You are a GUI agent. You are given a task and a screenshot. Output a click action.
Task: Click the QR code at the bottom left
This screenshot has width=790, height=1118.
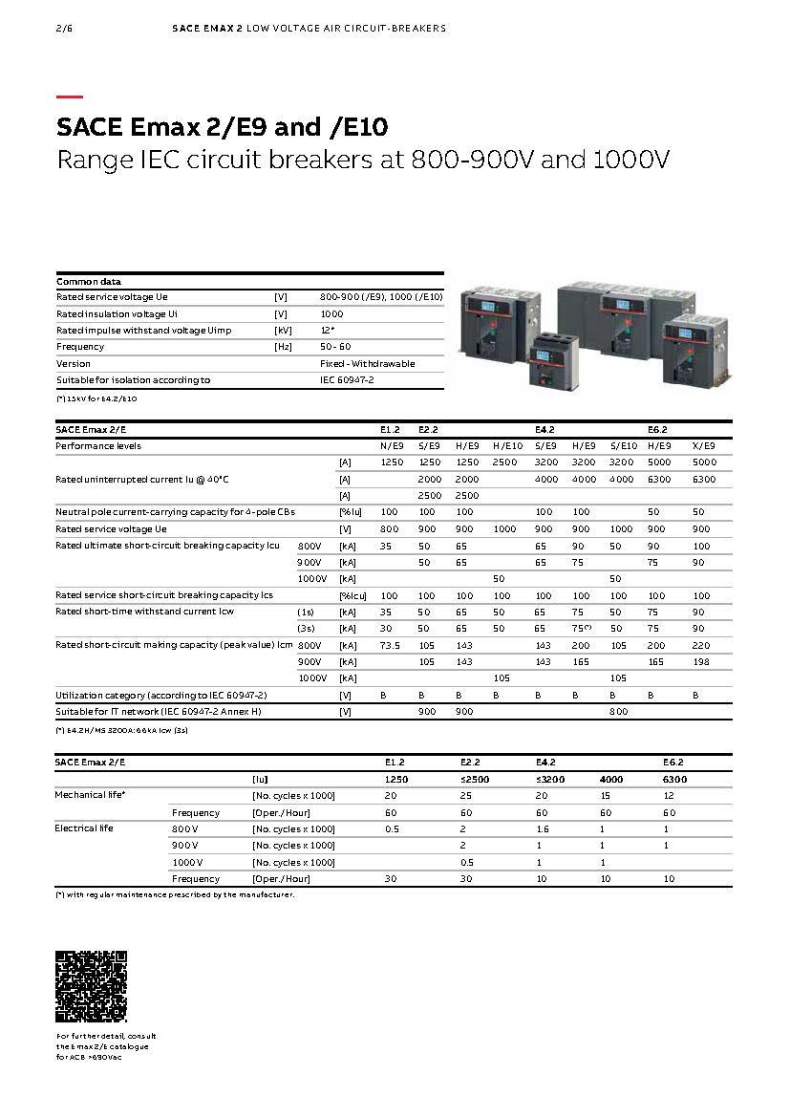pyautogui.click(x=91, y=986)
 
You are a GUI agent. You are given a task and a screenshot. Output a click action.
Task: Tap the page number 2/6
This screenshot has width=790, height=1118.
pyautogui.click(x=64, y=29)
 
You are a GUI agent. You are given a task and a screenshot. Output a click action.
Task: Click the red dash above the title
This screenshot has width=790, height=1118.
pyautogui.click(x=70, y=97)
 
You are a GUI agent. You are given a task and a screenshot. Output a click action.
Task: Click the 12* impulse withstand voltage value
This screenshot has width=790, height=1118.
pyautogui.click(x=327, y=330)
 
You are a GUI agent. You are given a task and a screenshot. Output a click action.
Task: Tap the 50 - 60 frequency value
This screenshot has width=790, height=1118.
pyautogui.click(x=335, y=347)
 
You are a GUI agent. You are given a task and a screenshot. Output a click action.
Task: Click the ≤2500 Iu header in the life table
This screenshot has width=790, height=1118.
pyautogui.click(x=469, y=779)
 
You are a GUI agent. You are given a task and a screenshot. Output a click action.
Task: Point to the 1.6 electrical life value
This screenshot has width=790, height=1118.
pyautogui.click(x=543, y=828)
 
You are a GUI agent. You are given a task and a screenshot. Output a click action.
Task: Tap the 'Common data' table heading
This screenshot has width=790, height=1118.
pyautogui.click(x=89, y=282)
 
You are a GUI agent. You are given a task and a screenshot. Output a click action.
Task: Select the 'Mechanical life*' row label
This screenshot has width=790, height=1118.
pyautogui.click(x=90, y=795)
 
